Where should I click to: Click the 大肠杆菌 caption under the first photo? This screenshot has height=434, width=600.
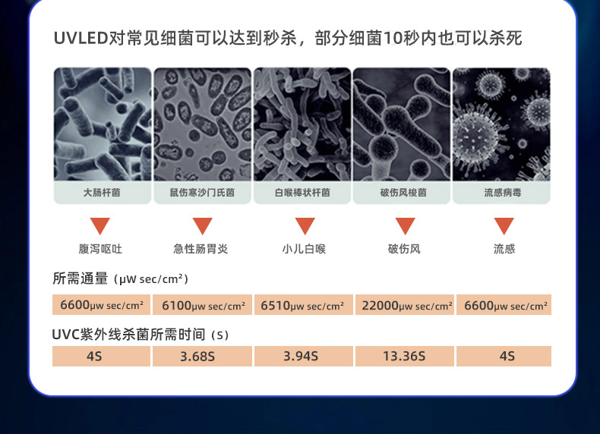click(102, 192)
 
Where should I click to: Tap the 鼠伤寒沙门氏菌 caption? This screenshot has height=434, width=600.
click(203, 192)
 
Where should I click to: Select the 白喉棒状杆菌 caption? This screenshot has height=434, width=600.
click(302, 192)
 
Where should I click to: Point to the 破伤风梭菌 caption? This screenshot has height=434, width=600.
click(403, 192)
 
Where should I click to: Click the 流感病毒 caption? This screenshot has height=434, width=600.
click(503, 192)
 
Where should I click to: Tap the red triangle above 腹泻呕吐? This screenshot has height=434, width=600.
click(100, 225)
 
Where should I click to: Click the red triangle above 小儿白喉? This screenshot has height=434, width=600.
click(305, 225)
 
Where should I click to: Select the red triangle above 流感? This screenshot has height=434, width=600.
click(504, 225)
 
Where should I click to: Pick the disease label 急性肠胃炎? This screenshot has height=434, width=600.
click(201, 249)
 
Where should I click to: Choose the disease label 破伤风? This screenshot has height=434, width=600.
click(404, 249)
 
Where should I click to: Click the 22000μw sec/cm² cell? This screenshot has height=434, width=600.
click(405, 305)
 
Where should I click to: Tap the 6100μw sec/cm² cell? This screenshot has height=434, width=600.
click(203, 305)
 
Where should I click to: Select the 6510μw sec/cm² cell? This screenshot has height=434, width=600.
click(304, 305)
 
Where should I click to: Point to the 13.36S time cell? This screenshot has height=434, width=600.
click(405, 357)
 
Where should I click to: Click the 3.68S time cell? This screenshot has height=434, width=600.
click(203, 357)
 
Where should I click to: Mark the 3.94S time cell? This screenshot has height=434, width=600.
click(304, 357)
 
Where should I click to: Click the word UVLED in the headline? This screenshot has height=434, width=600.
click(81, 38)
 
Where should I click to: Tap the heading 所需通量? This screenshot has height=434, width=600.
click(81, 278)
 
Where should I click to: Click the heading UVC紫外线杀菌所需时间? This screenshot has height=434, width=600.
click(128, 334)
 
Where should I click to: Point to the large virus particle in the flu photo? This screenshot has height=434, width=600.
click(475, 138)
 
